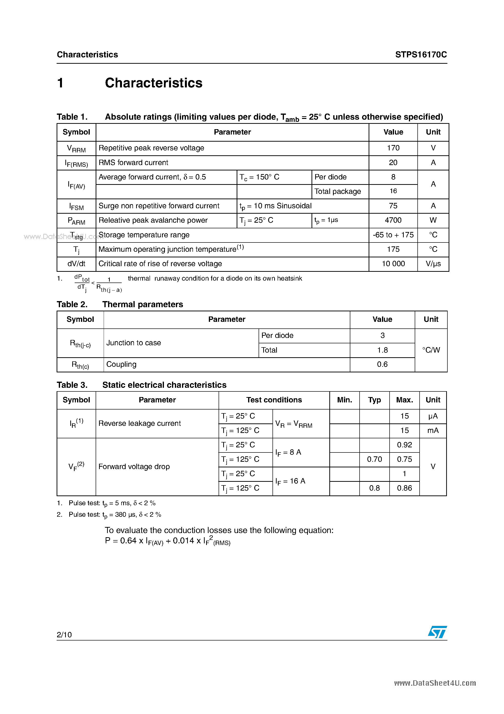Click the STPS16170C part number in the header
point(421,55)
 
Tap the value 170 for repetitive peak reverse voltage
point(393,148)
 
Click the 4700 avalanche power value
point(393,220)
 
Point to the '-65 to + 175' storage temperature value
point(393,235)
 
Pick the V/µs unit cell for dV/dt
point(433,264)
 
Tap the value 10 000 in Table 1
point(393,264)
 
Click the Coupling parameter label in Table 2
point(121,364)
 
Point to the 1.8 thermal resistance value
point(382,350)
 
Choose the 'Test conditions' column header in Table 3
point(274,400)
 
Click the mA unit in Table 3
point(433,430)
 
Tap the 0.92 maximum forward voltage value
point(404,445)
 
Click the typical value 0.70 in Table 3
point(374,459)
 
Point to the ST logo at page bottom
point(437,632)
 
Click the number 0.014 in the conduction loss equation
point(183,541)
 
